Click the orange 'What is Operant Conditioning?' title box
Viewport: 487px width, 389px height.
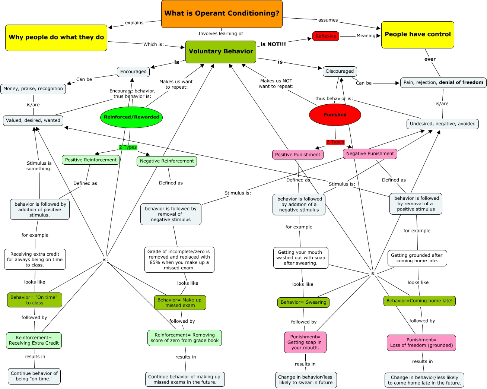[222, 14]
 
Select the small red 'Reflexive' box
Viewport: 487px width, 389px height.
[325, 36]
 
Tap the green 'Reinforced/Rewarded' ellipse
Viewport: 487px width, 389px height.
[131, 117]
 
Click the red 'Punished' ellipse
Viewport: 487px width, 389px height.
[335, 115]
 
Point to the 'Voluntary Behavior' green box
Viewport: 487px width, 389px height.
[221, 51]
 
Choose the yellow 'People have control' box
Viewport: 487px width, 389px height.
[417, 34]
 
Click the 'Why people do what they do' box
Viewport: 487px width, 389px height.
[56, 37]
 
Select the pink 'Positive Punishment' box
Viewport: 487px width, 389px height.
[297, 155]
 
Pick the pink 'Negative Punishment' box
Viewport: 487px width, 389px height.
[370, 154]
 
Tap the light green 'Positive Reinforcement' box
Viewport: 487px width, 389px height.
[91, 160]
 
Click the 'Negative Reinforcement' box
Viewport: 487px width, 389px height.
[167, 161]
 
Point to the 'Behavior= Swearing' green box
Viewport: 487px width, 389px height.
[303, 302]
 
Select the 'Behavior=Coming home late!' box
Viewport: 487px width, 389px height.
[419, 301]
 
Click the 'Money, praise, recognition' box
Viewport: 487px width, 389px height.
[33, 89]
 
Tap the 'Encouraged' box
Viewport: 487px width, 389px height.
[133, 72]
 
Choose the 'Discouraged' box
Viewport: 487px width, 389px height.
[340, 71]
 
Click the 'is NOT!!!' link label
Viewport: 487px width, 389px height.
[273, 44]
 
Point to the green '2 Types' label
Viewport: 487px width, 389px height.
[128, 147]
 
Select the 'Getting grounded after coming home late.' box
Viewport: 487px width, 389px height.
[417, 258]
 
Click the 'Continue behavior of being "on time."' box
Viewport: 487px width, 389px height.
[34, 376]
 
